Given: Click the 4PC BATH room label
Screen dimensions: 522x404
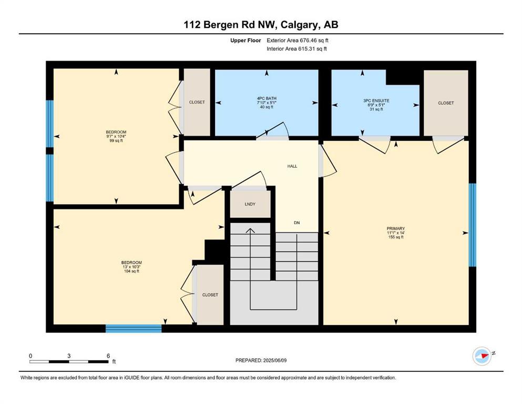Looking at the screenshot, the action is click(x=267, y=98).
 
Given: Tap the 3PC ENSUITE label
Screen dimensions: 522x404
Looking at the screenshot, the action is click(x=376, y=100).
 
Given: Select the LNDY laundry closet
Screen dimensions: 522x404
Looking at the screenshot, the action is click(x=250, y=204).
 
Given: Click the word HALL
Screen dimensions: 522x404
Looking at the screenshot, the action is click(x=292, y=166).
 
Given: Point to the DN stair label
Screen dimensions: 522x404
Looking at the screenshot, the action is click(x=296, y=223).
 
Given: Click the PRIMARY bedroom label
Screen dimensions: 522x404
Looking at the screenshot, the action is click(x=396, y=228).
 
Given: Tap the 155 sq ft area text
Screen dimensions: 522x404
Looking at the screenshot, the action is click(x=396, y=237).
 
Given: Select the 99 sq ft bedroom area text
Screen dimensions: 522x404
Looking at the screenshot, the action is click(x=116, y=140).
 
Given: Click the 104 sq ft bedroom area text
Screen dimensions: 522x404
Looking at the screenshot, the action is click(x=131, y=271).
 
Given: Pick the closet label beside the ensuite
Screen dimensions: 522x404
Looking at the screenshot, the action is click(x=446, y=103).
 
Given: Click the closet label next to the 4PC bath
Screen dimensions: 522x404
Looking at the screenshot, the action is click(x=197, y=102).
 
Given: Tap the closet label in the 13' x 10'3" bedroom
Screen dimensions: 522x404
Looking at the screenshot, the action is click(x=210, y=295).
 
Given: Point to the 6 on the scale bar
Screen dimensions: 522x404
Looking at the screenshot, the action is click(x=108, y=356).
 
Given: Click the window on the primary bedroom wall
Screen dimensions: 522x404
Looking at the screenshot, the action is click(x=473, y=225).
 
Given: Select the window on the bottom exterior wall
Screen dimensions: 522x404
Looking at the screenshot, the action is click(x=134, y=328).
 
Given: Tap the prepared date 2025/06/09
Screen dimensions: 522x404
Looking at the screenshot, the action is click(x=274, y=360).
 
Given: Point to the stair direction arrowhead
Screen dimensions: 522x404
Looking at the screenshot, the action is click(x=250, y=230).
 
